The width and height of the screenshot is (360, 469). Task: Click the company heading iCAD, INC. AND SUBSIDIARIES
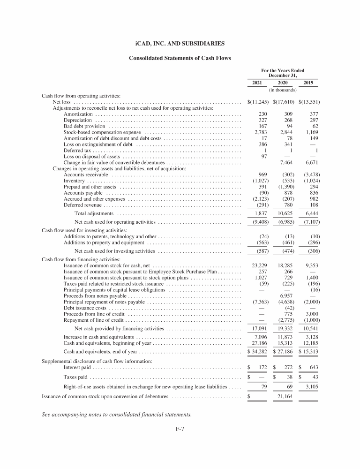pos(180,44)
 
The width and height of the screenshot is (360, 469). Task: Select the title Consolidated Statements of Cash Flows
pos(180,58)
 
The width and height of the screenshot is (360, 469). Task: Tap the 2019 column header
pos(308,83)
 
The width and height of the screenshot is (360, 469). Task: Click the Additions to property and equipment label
pos(104,243)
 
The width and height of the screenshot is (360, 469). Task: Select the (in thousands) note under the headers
pos(282,90)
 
